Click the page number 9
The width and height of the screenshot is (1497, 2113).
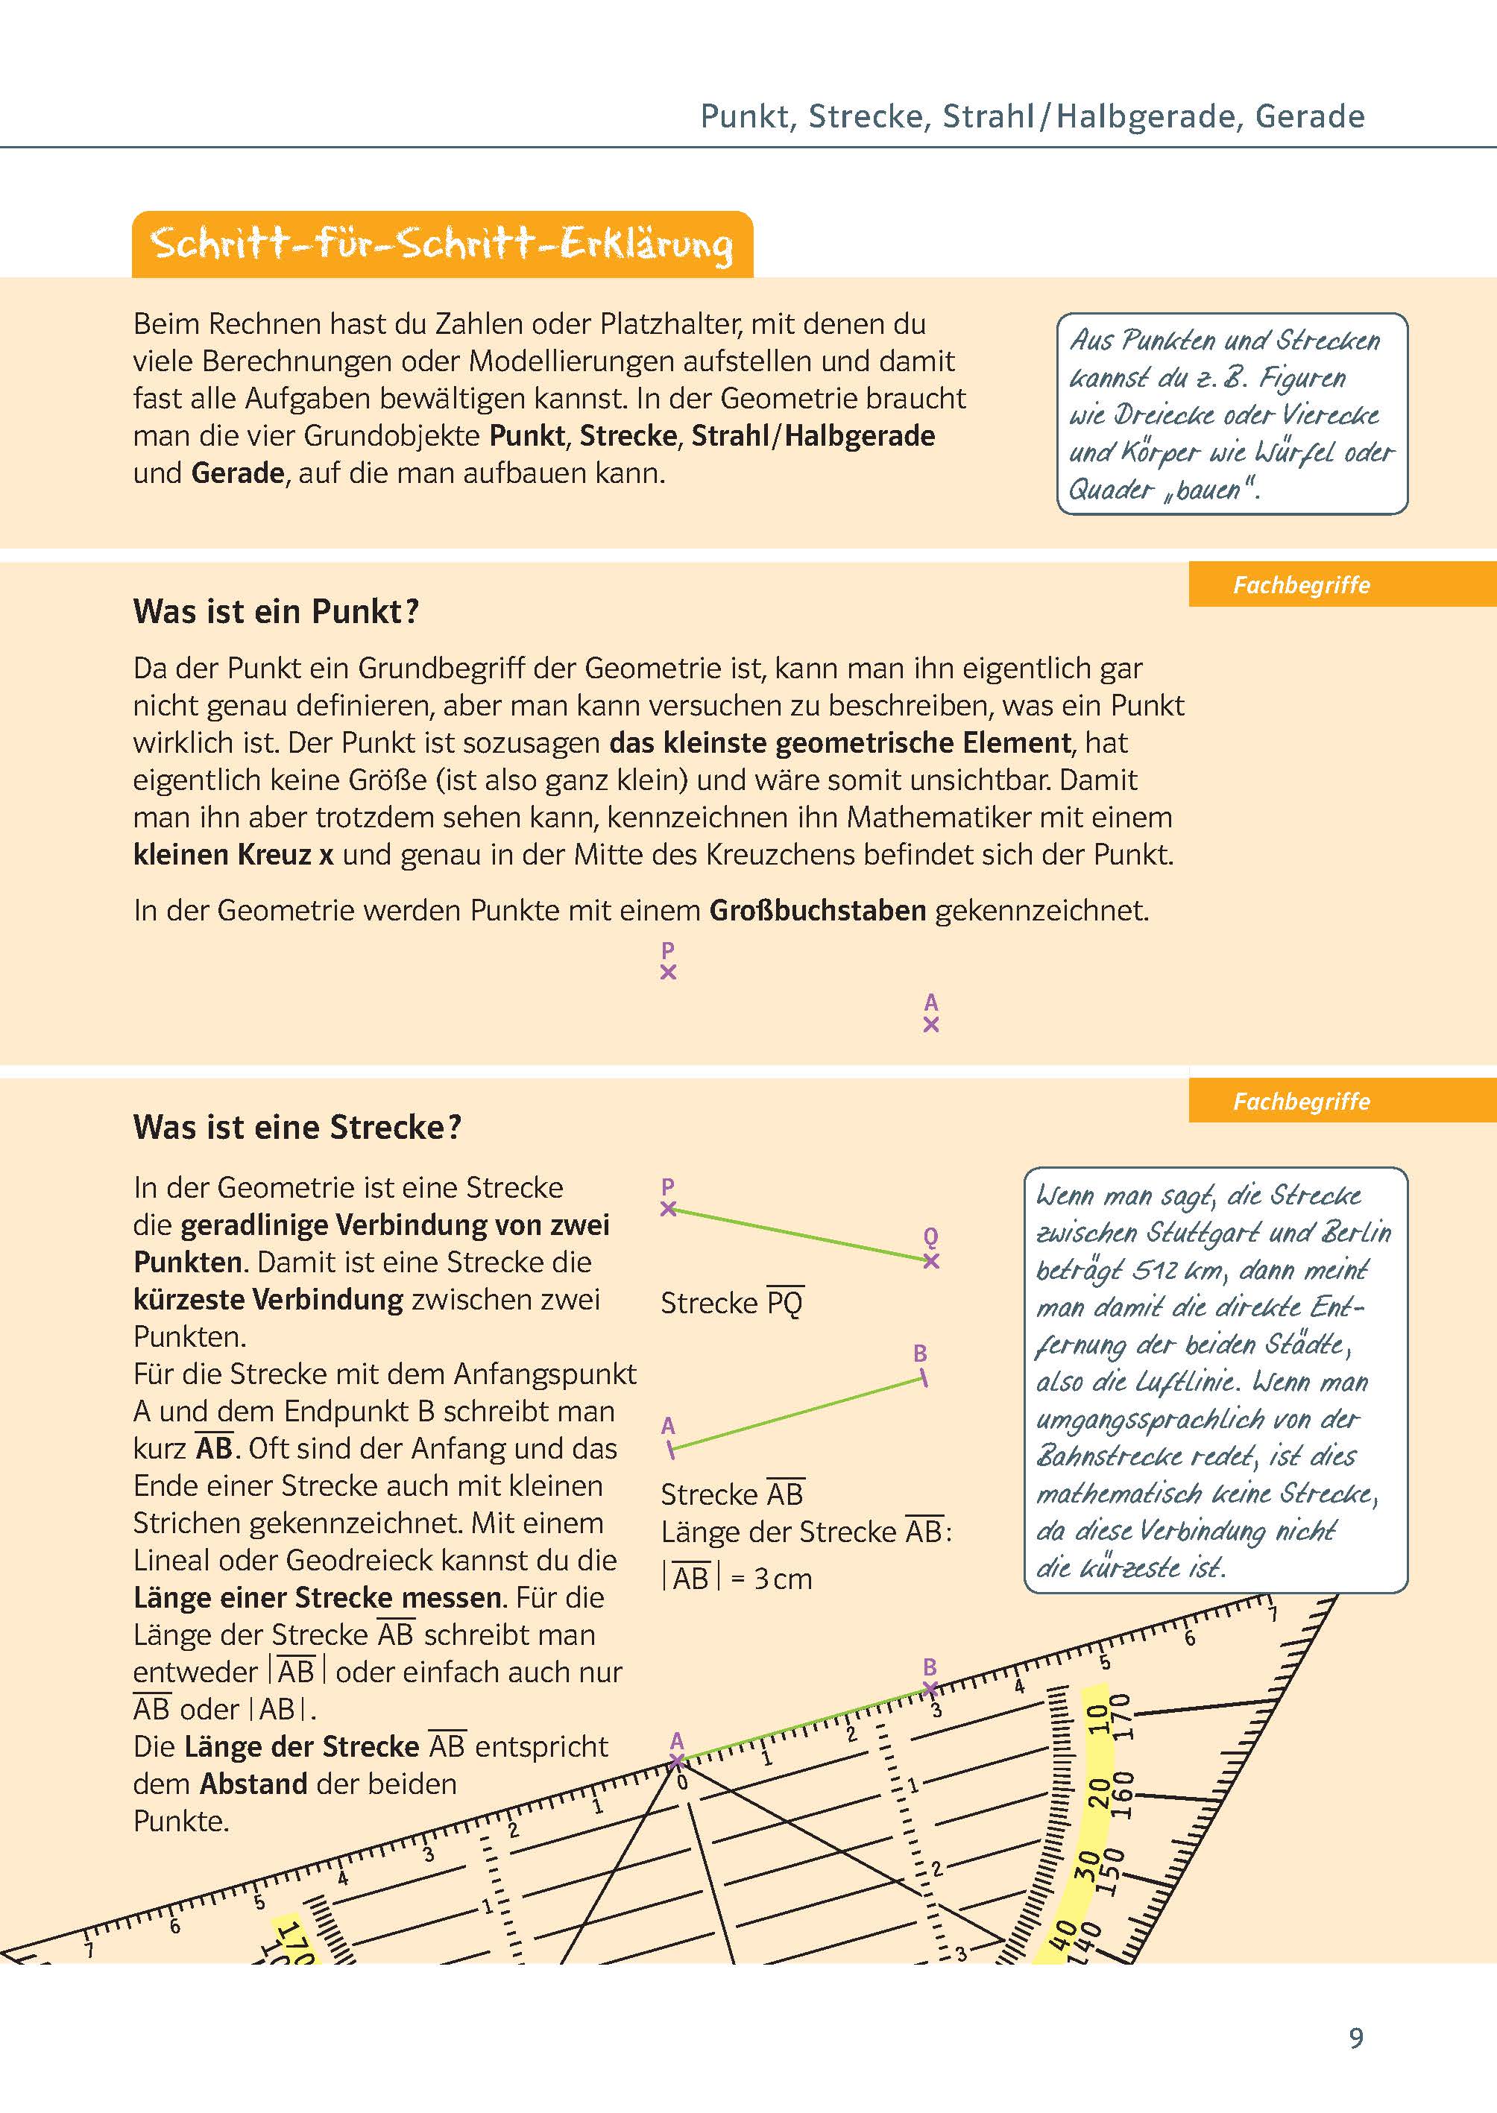[1355, 2038]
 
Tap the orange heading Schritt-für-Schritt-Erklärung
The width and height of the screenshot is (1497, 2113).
[441, 245]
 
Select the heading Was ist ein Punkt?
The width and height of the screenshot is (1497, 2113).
[276, 612]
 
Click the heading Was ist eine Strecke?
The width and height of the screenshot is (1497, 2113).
[297, 1127]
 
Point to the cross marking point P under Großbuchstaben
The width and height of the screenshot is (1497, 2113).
[668, 972]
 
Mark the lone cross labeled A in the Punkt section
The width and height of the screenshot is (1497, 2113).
[931, 1025]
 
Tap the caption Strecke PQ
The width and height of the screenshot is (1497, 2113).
[732, 1303]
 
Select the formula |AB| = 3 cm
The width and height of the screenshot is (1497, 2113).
[737, 1579]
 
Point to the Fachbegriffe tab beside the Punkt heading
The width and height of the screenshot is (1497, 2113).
[1301, 585]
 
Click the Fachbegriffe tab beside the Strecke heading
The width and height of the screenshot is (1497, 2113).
[1301, 1101]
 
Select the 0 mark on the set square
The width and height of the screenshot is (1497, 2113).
[682, 1782]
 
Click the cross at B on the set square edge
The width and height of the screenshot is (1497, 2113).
[930, 1689]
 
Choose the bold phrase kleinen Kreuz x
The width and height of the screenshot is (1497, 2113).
[233, 855]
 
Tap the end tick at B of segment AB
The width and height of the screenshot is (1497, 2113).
[923, 1379]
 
